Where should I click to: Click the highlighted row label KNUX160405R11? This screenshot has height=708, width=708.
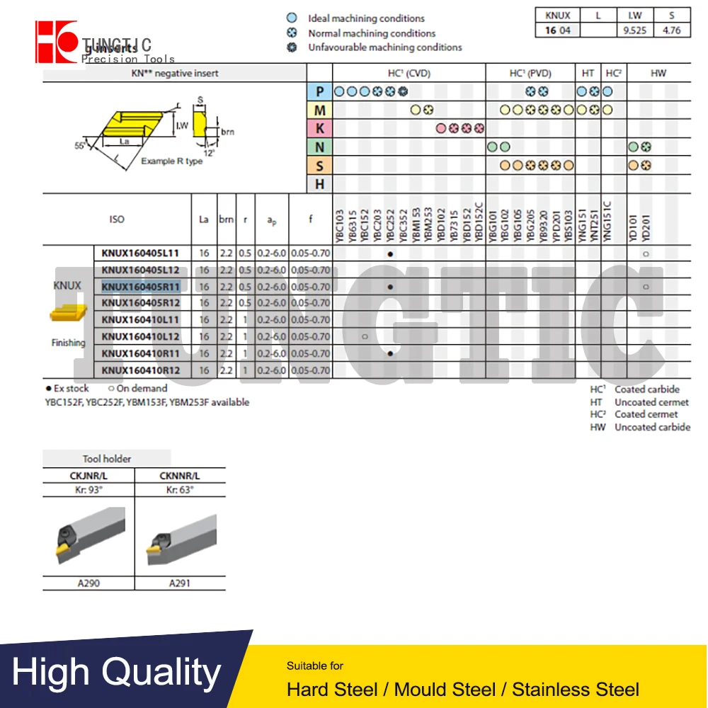pos(141,287)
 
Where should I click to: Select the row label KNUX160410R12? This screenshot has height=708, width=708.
pos(141,370)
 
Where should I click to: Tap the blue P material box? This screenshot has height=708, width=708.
pos(320,91)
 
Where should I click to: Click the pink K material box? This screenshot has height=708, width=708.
pos(320,128)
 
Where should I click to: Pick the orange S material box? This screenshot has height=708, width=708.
pos(320,166)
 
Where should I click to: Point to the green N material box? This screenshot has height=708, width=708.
pos(320,147)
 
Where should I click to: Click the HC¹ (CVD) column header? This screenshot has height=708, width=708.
pos(409,73)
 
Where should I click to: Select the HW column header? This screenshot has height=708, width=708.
pos(658,73)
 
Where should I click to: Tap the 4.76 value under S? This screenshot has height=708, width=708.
pos(672,30)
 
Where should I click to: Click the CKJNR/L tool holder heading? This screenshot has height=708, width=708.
pos(88,476)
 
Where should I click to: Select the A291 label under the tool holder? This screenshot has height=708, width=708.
pos(179,583)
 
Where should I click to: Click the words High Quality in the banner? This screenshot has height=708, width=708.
pos(117,673)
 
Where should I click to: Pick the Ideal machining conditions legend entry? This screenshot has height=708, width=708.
pos(366,18)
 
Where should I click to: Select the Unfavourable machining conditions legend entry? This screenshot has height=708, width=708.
pos(384,47)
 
